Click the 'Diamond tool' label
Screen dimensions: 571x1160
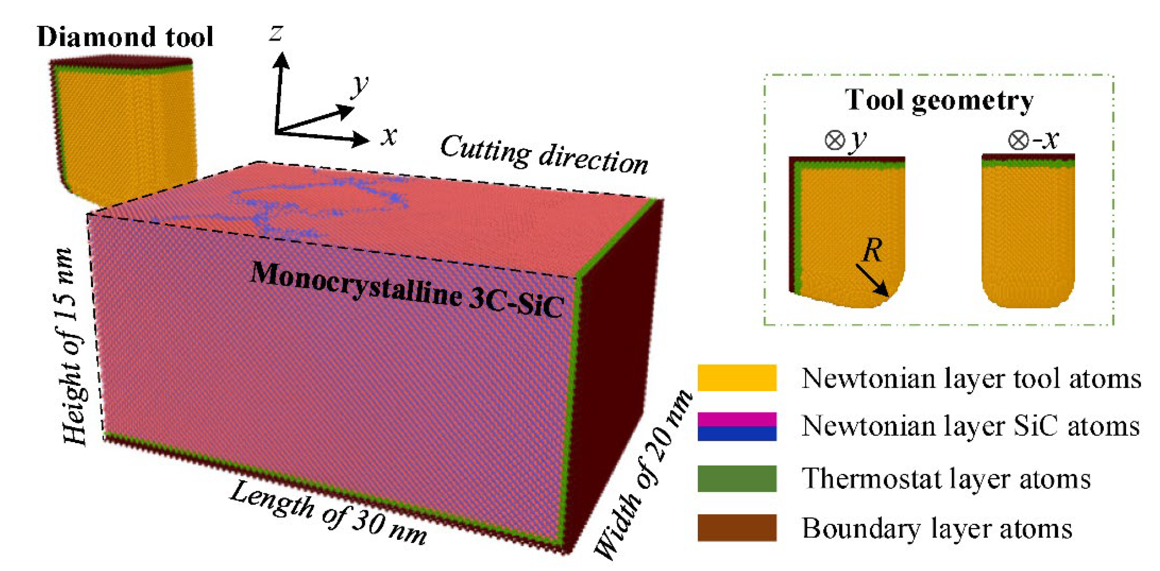click(125, 37)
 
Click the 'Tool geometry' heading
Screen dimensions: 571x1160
click(938, 100)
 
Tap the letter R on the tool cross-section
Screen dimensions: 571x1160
click(872, 250)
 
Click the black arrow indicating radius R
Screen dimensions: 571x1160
click(872, 280)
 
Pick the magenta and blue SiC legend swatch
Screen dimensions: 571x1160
click(737, 426)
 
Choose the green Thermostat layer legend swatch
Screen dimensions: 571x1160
click(737, 478)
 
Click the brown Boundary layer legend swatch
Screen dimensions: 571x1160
click(737, 527)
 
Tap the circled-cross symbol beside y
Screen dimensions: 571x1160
click(834, 141)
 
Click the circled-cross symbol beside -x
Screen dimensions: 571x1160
click(1018, 141)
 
